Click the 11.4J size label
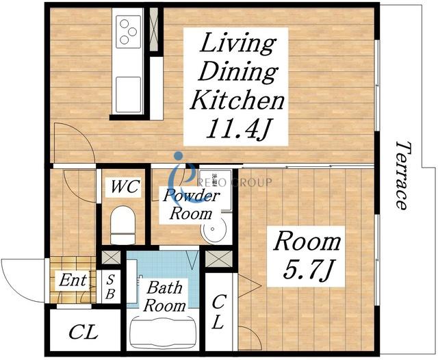point(239,128)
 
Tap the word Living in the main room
point(237,44)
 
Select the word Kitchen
point(237,99)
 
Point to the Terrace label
point(402,175)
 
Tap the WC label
point(125,187)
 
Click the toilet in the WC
point(123,225)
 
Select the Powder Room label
point(192,205)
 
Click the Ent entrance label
point(73,280)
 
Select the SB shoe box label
point(111,287)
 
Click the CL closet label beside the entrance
point(83,332)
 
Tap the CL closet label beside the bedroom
point(218,311)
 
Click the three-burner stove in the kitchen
point(128,31)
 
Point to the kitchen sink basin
point(128,94)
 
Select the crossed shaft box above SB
point(111,257)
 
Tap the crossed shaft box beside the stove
point(153,29)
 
